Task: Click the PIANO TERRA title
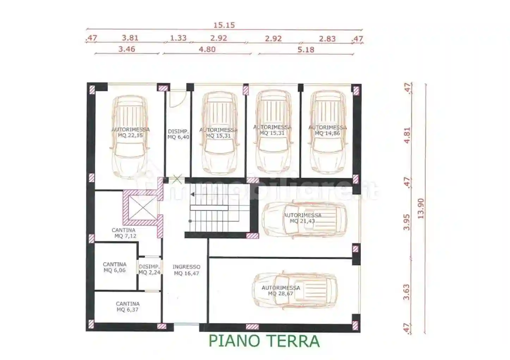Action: coord(264,341)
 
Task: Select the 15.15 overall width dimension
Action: coord(224,25)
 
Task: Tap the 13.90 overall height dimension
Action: coord(421,208)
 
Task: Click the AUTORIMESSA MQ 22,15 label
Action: coord(130,132)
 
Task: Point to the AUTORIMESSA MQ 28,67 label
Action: coord(281,291)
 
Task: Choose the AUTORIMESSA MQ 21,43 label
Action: coord(302,218)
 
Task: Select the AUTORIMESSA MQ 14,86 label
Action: coord(327,130)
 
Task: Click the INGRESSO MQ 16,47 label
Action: coord(186,270)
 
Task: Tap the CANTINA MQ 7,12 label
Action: coord(124,233)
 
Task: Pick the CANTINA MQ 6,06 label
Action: coord(115,267)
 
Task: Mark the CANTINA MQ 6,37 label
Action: coord(128,306)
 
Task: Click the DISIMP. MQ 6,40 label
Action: coord(178,134)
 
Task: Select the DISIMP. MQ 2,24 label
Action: coord(149,269)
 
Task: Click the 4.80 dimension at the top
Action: coord(207,49)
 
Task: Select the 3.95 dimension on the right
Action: coord(407,222)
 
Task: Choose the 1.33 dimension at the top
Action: coord(178,38)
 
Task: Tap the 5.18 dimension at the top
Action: coord(306,50)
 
